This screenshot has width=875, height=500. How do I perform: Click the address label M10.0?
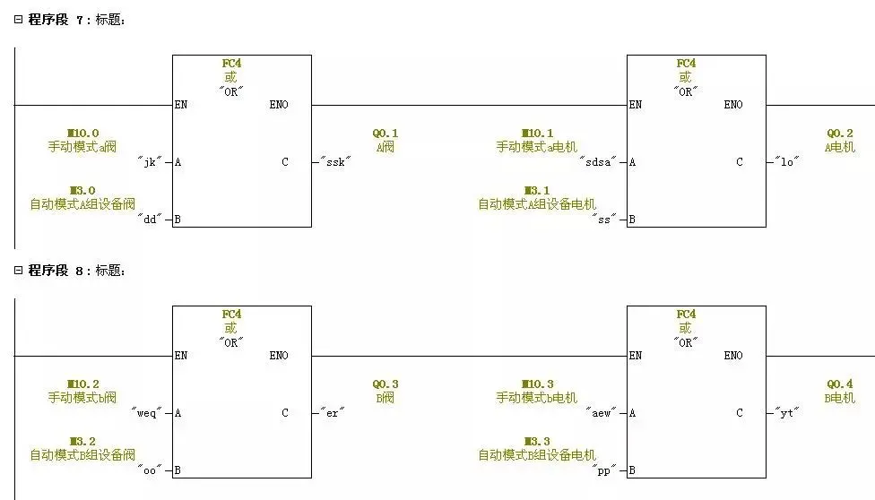pyautogui.click(x=82, y=134)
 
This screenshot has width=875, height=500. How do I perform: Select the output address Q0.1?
pyautogui.click(x=386, y=134)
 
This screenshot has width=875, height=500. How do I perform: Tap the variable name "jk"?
pyautogui.click(x=150, y=162)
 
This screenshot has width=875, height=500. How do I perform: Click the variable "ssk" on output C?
pyautogui.click(x=335, y=162)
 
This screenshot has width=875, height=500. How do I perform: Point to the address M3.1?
pyautogui.click(x=537, y=191)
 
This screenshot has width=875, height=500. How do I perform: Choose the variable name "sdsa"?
pyautogui.click(x=598, y=162)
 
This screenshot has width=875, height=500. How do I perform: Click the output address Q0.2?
pyautogui.click(x=840, y=134)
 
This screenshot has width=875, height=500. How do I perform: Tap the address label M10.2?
pyautogui.click(x=82, y=384)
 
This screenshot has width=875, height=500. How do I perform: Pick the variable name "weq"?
pyautogui.click(x=147, y=413)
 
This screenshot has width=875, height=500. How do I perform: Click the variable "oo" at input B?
pyautogui.click(x=150, y=470)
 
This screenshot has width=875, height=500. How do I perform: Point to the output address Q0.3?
pyautogui.click(x=386, y=384)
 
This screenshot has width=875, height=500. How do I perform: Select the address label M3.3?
pyautogui.click(x=537, y=442)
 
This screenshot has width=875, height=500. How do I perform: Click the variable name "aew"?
pyautogui.click(x=600, y=413)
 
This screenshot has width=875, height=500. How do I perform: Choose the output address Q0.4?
pyautogui.click(x=840, y=384)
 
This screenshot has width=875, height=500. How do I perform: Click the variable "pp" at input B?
pyautogui.click(x=604, y=470)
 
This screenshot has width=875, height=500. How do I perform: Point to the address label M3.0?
pyautogui.click(x=82, y=191)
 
